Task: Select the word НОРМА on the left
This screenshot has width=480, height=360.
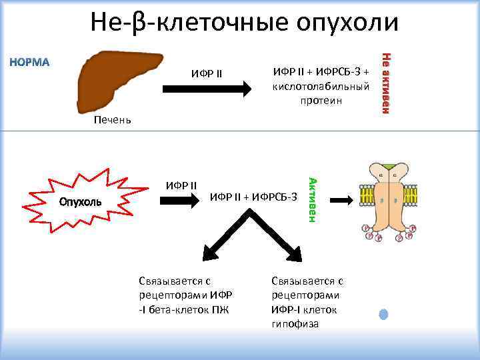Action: pyautogui.click(x=29, y=63)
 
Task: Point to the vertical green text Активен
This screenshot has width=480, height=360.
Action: pyautogui.click(x=311, y=197)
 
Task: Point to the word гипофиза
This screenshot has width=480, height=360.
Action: pyautogui.click(x=295, y=324)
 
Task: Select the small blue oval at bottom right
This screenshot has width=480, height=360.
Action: pyautogui.click(x=383, y=314)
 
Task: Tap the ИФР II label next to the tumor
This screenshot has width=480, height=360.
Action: pyautogui.click(x=181, y=184)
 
